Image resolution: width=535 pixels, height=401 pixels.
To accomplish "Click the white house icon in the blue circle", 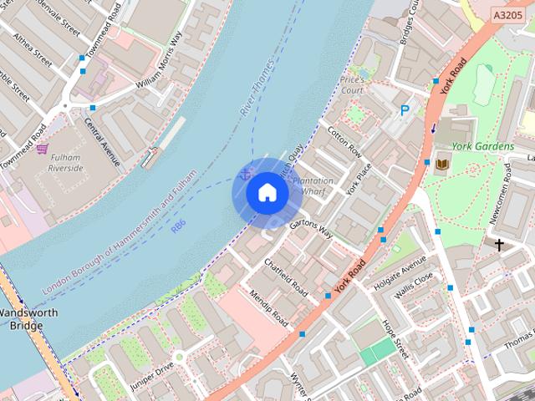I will point(267,193).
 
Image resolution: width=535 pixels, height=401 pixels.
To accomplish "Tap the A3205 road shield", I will point(509,15).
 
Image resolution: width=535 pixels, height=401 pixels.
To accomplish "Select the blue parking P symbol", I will point(405,109).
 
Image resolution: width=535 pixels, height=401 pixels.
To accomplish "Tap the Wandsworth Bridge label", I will point(26,319).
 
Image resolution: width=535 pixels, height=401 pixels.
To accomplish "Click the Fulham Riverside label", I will point(66,162).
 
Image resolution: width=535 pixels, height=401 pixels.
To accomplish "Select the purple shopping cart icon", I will point(42,149).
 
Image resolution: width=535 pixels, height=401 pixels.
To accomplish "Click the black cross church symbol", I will point(499,245).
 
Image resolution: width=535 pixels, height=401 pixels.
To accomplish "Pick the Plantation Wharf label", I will point(313,185).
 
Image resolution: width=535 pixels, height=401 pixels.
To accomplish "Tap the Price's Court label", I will point(352,84).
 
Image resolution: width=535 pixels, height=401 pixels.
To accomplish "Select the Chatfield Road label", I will point(286,277).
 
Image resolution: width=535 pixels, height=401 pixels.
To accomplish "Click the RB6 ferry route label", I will point(177,226).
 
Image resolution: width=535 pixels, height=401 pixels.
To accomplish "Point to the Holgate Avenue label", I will point(400,270).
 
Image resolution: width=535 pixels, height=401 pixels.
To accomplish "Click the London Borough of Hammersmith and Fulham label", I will point(120,232).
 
